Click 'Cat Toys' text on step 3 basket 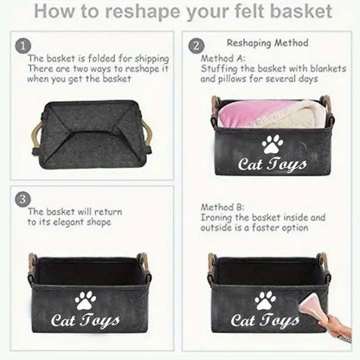tap(85, 325)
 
